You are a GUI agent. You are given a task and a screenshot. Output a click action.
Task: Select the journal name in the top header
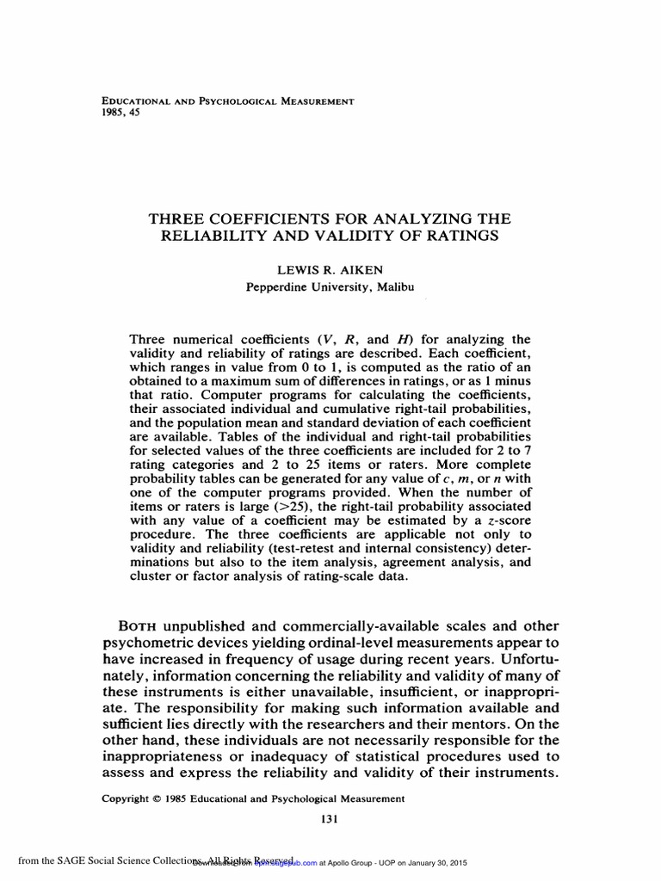pyautogui.click(x=228, y=101)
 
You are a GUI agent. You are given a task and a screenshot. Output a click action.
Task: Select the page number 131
pyautogui.click(x=329, y=819)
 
